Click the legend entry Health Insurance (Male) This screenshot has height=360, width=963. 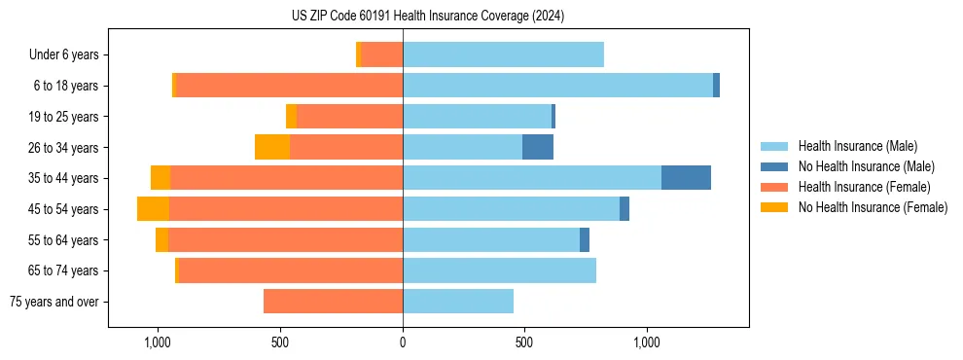click(x=856, y=146)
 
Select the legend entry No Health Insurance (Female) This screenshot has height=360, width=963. click(x=872, y=207)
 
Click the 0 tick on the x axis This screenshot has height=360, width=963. click(x=403, y=342)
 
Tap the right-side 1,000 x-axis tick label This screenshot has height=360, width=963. click(x=647, y=342)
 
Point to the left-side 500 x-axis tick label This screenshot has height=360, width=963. click(x=280, y=342)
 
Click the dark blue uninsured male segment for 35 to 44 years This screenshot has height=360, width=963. click(x=686, y=178)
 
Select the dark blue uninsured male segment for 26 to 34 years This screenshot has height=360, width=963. click(x=538, y=147)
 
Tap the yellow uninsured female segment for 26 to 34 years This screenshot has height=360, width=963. click(x=272, y=147)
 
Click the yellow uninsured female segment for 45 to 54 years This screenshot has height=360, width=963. click(x=153, y=209)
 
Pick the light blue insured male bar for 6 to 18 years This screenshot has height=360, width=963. click(x=557, y=86)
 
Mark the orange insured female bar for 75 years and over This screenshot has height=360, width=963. click(x=333, y=302)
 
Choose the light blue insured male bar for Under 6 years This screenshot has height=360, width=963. click(x=503, y=55)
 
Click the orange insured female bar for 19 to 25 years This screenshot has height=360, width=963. click(x=349, y=117)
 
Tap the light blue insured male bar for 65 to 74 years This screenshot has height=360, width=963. click(x=499, y=270)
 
